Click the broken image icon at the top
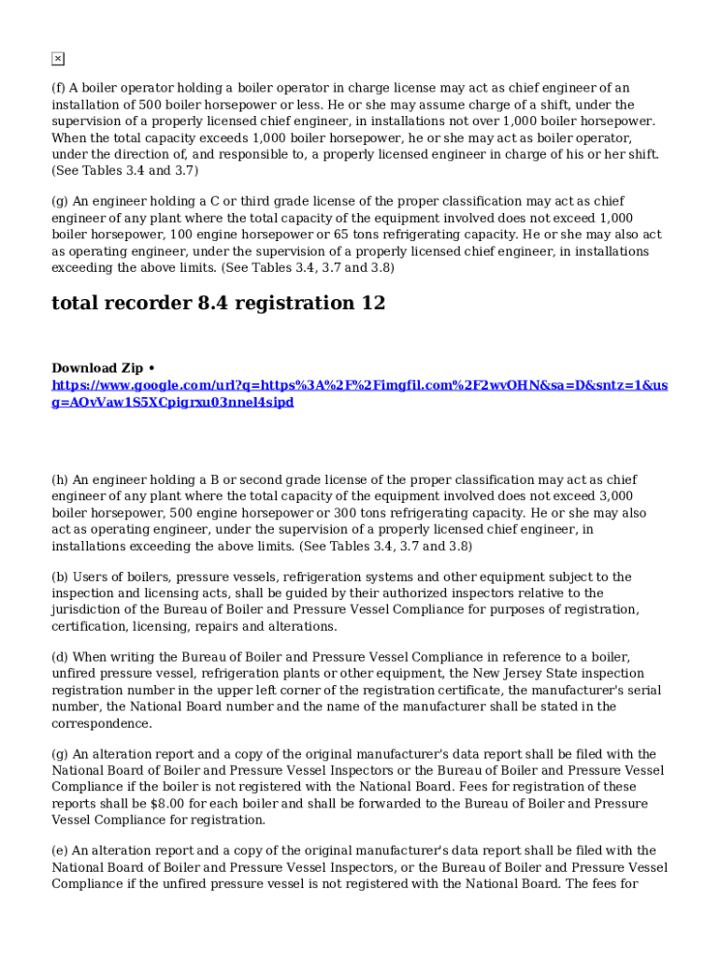point(57,59)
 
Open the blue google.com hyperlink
point(359,393)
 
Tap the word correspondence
point(102,724)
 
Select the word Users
point(90,578)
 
